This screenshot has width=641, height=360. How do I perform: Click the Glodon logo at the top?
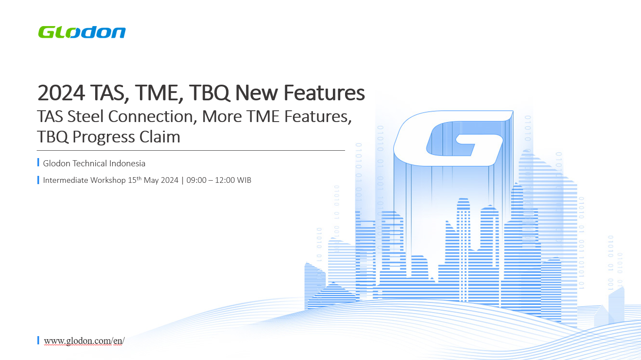(82, 32)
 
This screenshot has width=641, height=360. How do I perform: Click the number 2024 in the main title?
(61, 92)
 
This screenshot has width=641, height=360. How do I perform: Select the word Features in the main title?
(324, 92)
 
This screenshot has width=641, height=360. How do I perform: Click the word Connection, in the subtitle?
(153, 117)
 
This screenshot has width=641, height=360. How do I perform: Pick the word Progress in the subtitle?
(103, 137)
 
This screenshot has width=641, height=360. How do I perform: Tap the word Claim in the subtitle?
(159, 137)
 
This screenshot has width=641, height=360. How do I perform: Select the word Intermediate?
(66, 180)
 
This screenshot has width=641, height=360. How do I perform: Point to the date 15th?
(135, 180)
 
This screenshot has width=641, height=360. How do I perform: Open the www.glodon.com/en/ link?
(84, 341)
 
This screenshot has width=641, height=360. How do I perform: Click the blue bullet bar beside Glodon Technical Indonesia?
(38, 162)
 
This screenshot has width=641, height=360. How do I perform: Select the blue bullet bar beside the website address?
(38, 340)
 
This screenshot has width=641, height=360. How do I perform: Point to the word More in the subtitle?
(222, 116)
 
